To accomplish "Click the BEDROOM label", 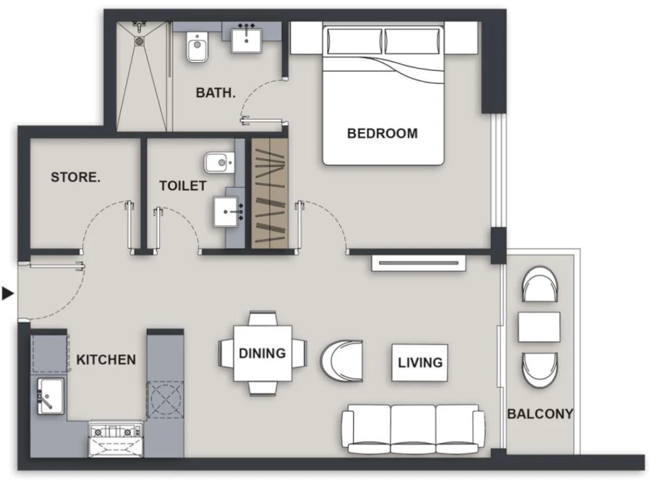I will click(382, 133).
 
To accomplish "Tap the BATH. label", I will click(216, 93).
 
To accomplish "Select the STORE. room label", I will click(75, 177).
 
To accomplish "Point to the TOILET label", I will click(183, 186).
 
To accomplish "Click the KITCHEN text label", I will click(106, 359).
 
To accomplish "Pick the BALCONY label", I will click(540, 414).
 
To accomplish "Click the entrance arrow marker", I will click(8, 293).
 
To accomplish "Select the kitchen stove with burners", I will click(116, 433).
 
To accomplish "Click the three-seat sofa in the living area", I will click(413, 428).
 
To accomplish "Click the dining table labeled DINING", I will click(263, 353).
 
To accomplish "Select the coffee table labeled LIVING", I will click(420, 361).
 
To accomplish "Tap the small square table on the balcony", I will click(539, 326).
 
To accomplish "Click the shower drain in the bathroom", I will click(140, 40).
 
